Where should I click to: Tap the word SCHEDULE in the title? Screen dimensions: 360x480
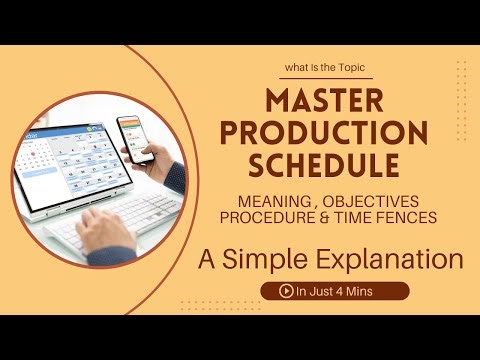(x=332, y=162)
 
